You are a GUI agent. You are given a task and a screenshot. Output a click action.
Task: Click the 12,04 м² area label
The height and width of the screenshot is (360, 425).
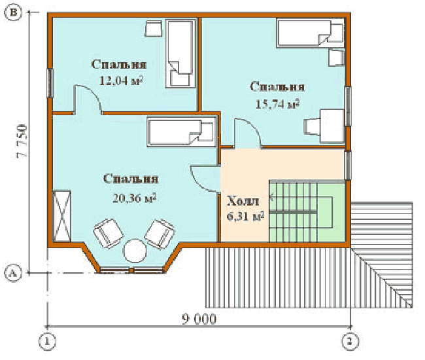[x=121, y=81]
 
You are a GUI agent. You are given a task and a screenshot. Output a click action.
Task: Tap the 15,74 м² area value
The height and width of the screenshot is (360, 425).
[x=277, y=104]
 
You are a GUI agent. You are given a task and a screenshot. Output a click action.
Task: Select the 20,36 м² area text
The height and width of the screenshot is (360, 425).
[x=135, y=198]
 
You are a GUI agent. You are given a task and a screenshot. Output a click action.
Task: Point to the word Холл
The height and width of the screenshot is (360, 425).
[x=243, y=201]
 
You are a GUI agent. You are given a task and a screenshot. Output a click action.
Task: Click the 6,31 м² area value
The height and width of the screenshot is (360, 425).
[x=245, y=216]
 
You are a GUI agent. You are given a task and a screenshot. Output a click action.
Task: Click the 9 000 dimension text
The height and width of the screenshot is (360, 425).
[x=199, y=319]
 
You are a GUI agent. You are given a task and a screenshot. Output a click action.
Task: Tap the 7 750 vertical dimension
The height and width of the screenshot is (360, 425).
[x=22, y=141]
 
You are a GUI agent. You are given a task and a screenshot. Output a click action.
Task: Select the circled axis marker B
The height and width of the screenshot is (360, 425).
[x=13, y=12]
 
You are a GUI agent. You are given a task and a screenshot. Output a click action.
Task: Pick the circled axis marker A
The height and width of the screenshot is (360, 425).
[x=13, y=273]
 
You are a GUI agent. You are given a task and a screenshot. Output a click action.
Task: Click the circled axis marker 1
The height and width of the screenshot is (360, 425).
[x=48, y=341]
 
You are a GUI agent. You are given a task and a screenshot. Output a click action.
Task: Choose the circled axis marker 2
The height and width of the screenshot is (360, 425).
[x=350, y=341]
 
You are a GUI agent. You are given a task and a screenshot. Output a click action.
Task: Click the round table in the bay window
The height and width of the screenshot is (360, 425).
[x=135, y=251]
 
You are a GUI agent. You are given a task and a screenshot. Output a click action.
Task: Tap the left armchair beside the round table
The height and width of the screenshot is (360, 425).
[x=108, y=233]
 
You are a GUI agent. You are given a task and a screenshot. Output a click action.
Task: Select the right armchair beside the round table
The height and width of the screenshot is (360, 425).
[x=160, y=234]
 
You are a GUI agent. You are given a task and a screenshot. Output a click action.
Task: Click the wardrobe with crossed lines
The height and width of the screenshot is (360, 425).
[x=62, y=216]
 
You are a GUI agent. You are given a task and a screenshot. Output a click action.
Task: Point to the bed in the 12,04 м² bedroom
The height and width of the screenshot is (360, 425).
[x=180, y=53]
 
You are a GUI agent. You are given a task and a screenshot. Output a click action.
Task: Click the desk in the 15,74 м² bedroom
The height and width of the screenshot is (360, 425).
[x=333, y=126]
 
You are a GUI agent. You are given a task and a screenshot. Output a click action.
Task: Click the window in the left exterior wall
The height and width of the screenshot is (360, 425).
[x=50, y=83]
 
